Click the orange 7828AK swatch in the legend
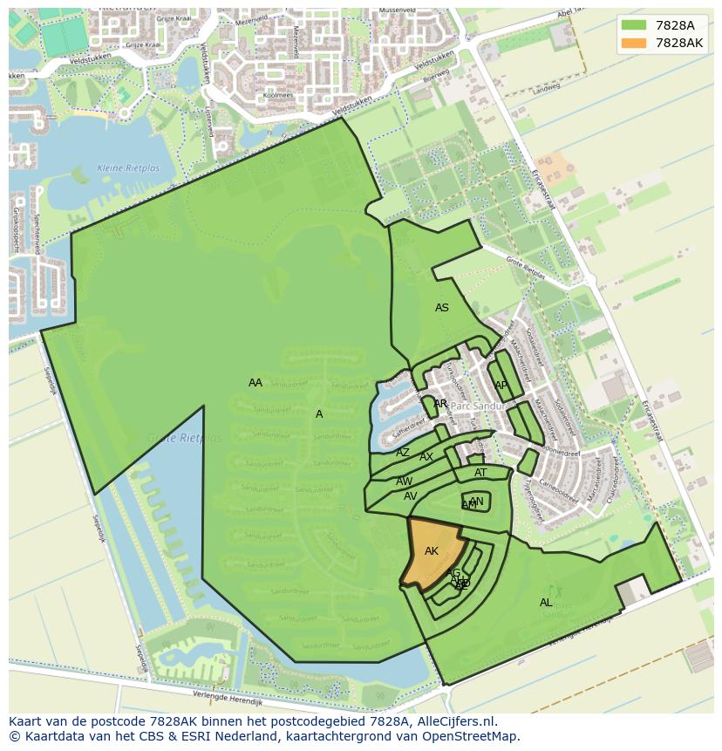point(634,43)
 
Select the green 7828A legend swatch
point(634,25)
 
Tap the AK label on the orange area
point(432,551)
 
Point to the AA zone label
point(255,383)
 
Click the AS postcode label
point(442,308)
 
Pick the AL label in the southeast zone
point(546,603)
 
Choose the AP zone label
point(501,386)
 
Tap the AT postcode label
point(480,473)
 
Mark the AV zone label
point(411,496)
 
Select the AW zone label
point(405,481)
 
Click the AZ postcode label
point(403,453)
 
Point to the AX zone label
point(426,457)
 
